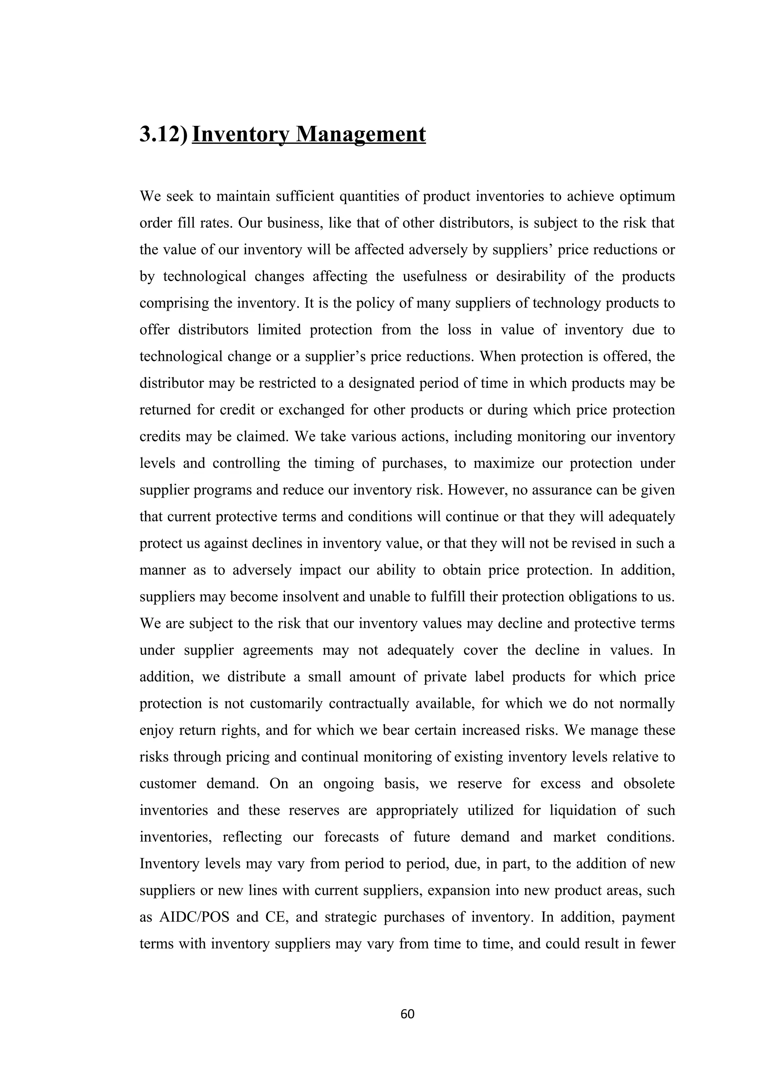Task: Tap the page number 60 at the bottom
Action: (407, 1014)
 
